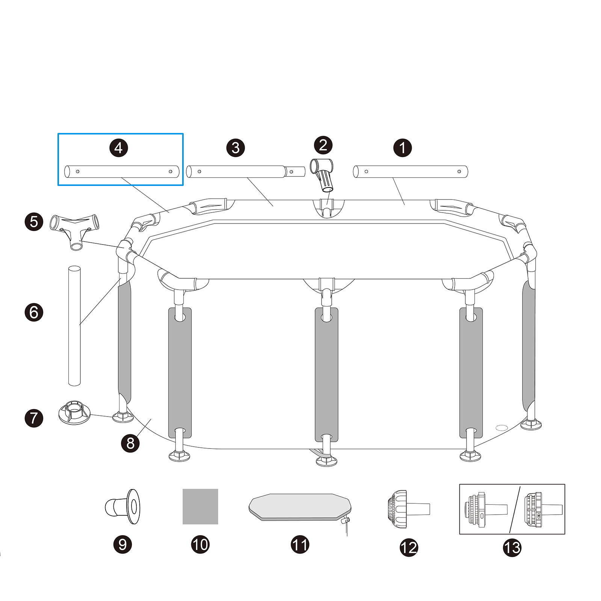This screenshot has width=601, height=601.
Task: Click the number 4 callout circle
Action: pos(119,148)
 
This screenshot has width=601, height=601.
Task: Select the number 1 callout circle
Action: pos(402,148)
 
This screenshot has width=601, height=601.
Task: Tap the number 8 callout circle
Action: pos(130,443)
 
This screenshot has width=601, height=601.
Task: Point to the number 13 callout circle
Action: pos(512,547)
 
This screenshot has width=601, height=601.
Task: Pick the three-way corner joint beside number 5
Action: pos(74,229)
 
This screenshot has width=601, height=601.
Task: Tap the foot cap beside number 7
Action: pos(74,412)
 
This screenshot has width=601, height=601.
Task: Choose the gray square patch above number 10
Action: pos(200,506)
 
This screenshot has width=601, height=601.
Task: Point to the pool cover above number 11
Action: pos(300,507)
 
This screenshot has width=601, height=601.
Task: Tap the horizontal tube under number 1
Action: pos(411,172)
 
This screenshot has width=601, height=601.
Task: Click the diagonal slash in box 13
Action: pos(515,509)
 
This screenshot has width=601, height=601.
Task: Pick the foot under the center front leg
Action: pos(326,461)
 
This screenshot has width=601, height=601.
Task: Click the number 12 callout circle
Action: pos(409,547)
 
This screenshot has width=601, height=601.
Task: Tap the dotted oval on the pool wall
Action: pos(501,427)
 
